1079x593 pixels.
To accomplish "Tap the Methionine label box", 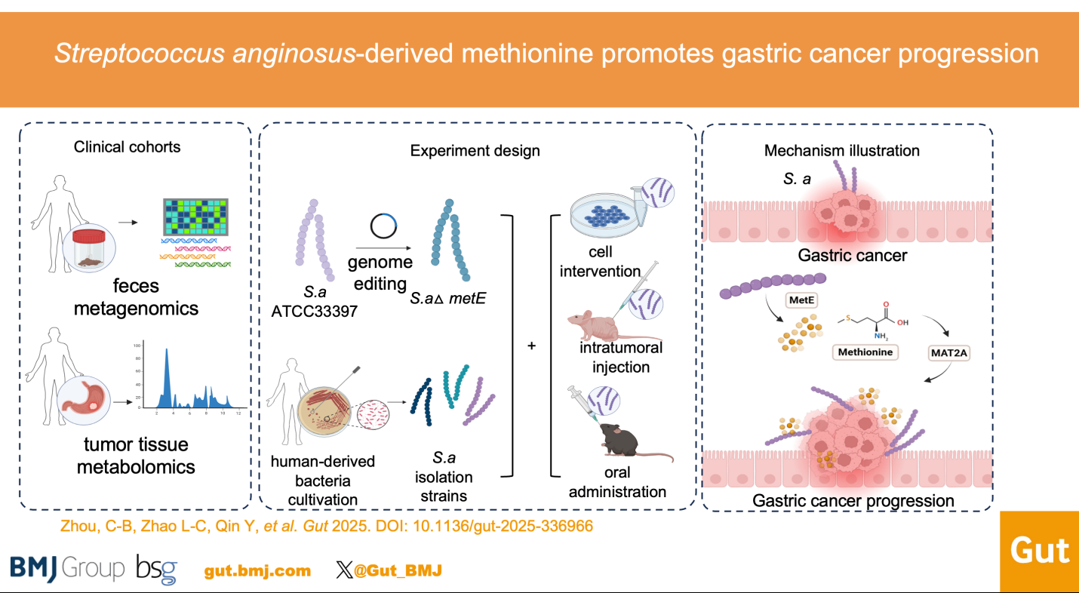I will pos(865,352).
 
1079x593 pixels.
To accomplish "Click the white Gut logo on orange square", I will pos(1039,552).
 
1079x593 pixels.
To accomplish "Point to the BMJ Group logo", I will pos(67,569).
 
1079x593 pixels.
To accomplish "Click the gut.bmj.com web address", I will pos(257,570).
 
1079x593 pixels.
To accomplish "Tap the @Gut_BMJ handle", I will pos(397,570).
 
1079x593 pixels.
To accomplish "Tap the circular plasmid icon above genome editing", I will pos(383,226).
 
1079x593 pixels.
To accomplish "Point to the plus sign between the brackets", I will pos(531,346).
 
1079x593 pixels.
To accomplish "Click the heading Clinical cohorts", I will pos(127,146).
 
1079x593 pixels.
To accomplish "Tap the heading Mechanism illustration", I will pos(841,150).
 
